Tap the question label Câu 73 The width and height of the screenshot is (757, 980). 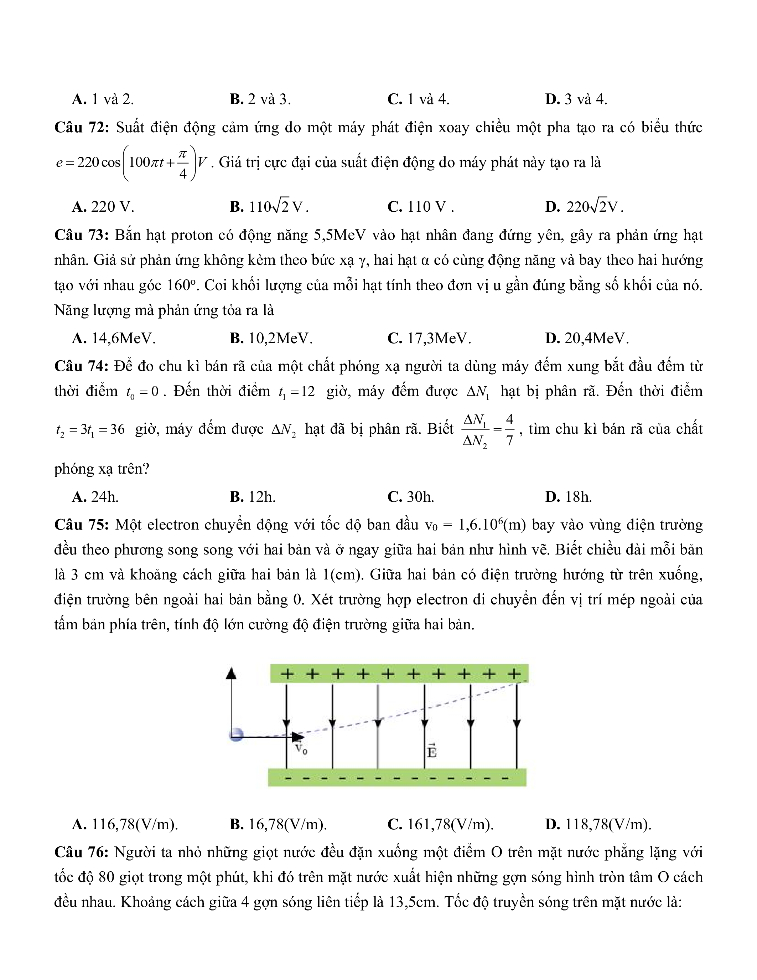[82, 236]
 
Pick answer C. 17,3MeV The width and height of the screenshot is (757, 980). [429, 338]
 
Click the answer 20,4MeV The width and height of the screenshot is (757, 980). [587, 338]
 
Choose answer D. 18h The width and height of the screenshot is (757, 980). [569, 497]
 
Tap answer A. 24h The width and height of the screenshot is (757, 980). [95, 497]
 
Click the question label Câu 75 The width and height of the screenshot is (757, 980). [82, 525]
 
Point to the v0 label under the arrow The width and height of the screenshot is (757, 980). [301, 748]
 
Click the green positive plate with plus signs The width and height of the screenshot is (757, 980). [399, 674]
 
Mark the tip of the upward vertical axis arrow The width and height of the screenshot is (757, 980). [231, 670]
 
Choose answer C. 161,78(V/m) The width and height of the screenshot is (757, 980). [440, 824]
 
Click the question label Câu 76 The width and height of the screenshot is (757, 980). [82, 852]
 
